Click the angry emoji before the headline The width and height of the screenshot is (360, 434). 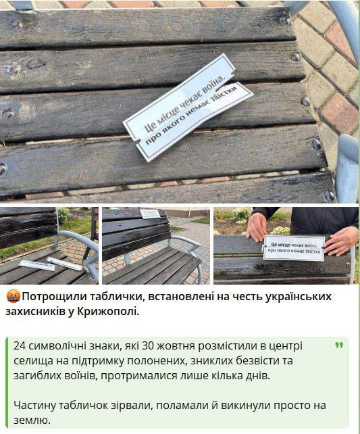tap(13, 297)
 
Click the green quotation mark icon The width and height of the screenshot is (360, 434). tap(337, 345)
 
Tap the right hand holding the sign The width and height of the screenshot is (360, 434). tap(342, 240)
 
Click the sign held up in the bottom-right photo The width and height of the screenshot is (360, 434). tap(293, 247)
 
